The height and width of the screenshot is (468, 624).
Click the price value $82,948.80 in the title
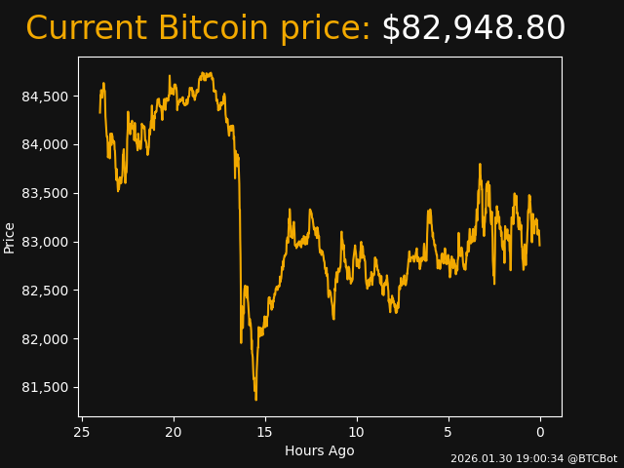tap(473, 29)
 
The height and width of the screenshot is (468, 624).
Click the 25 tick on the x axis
tap(82, 432)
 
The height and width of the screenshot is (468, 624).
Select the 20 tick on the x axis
tap(174, 432)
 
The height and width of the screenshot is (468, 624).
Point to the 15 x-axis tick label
tap(265, 432)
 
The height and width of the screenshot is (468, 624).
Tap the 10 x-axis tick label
tap(357, 432)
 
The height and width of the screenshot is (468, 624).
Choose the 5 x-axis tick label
tap(448, 432)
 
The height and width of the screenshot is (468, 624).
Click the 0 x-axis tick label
tap(540, 432)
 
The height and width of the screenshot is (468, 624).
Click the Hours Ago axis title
tap(320, 450)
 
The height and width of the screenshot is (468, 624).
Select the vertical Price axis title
tap(10, 237)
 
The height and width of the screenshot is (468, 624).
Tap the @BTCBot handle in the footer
tap(593, 458)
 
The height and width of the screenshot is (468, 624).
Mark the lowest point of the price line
tap(255, 399)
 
